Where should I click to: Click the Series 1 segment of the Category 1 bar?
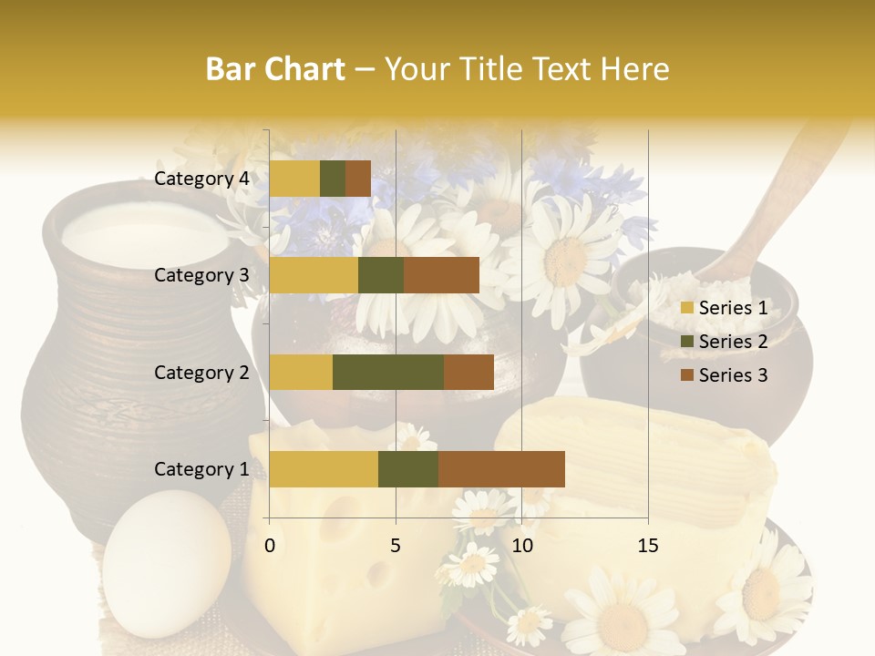(324, 468)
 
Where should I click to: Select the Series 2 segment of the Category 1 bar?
(407, 468)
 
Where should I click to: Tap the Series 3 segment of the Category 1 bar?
(501, 468)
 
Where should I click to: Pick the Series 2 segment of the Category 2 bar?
(387, 372)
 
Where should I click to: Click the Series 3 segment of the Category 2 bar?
(468, 372)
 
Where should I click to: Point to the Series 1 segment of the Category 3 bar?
(314, 275)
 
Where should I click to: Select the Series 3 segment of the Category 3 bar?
(441, 275)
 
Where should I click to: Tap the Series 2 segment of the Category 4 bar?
(333, 179)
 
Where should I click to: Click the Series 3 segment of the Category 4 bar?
(358, 179)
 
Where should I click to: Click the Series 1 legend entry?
(724, 308)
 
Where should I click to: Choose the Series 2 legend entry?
(724, 342)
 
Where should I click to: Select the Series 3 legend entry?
(724, 375)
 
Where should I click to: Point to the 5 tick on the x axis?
(396, 546)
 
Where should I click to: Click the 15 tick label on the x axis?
(647, 546)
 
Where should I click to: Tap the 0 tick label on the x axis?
(270, 546)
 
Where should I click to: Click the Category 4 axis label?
(201, 179)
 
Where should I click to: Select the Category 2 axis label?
(201, 372)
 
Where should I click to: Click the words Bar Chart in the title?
(275, 69)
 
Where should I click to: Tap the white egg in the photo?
(167, 565)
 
